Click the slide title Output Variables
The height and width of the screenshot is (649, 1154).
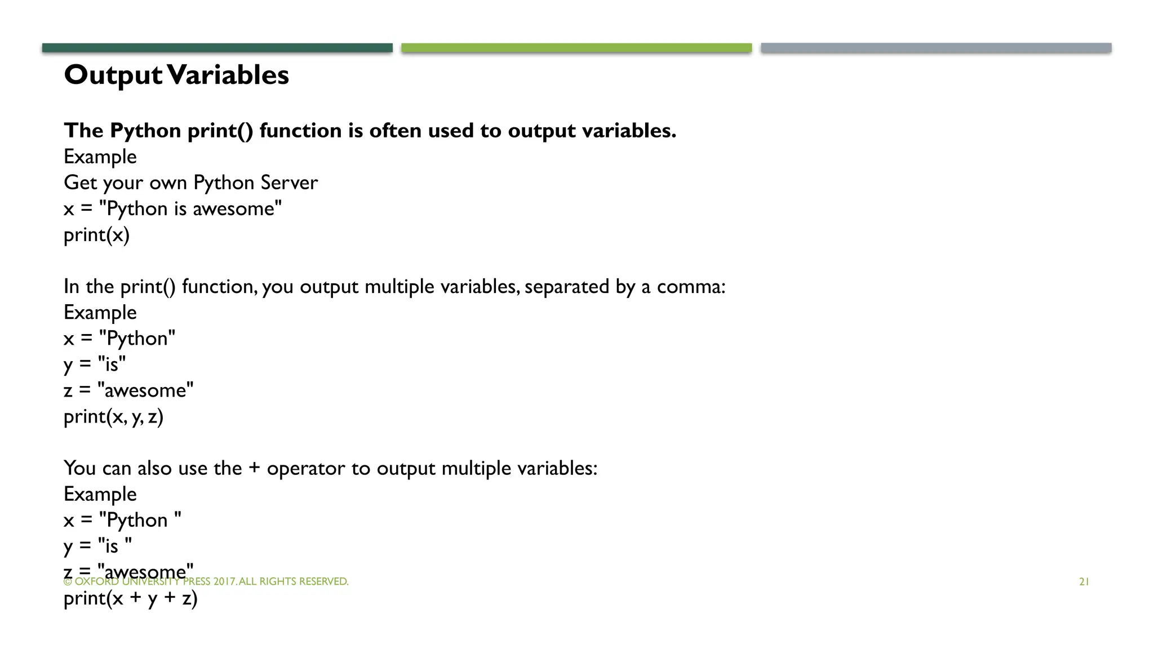pyautogui.click(x=176, y=75)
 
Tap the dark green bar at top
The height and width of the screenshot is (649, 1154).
pyautogui.click(x=217, y=48)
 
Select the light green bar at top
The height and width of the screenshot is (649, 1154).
pyautogui.click(x=576, y=48)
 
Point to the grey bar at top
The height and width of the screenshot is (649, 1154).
pyautogui.click(x=936, y=48)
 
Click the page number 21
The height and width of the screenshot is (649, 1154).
pyautogui.click(x=1084, y=582)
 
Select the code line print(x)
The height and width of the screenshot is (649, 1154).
pyautogui.click(x=96, y=235)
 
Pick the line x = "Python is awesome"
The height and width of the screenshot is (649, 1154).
pyautogui.click(x=172, y=209)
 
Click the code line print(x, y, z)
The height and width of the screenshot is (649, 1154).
pyautogui.click(x=113, y=417)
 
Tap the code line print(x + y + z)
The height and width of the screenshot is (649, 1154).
pyautogui.click(x=130, y=598)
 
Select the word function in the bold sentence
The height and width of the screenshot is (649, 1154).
pyautogui.click(x=300, y=131)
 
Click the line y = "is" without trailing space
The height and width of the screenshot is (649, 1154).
pyautogui.click(x=95, y=364)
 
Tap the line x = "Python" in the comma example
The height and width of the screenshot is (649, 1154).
pyautogui.click(x=119, y=339)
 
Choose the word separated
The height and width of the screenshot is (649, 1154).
pyautogui.click(x=567, y=287)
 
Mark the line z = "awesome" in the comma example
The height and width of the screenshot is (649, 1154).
pyautogui.click(x=128, y=390)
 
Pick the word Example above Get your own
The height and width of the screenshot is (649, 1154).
pyautogui.click(x=100, y=157)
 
